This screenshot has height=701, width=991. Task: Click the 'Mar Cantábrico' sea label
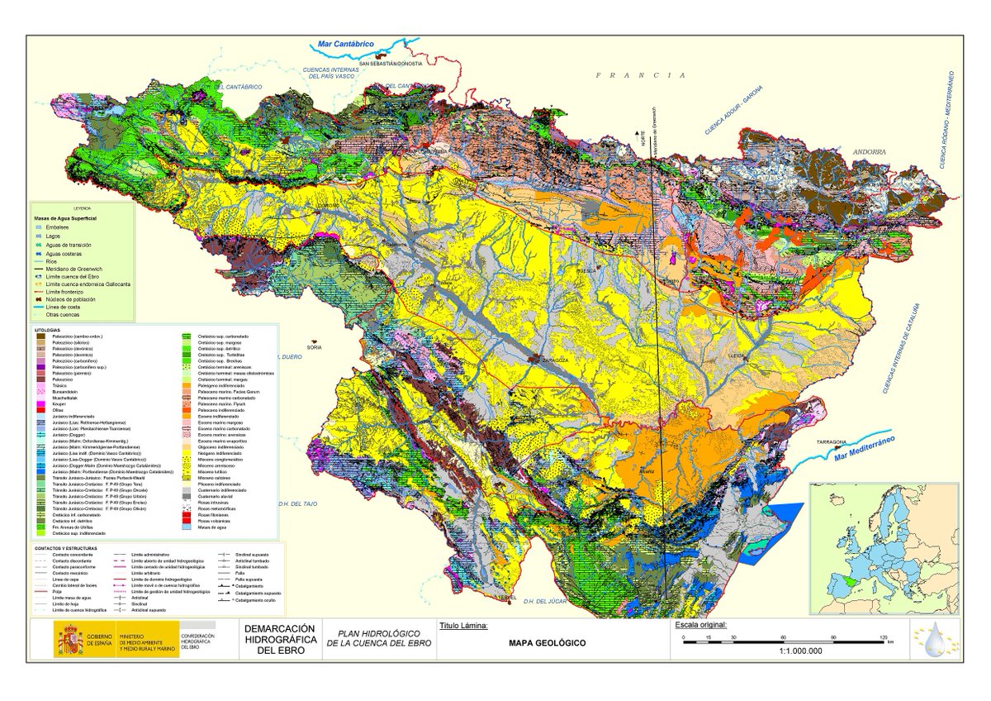click(x=347, y=44)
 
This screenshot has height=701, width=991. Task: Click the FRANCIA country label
click(x=640, y=75)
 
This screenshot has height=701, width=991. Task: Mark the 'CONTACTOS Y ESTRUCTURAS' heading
click(x=65, y=548)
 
